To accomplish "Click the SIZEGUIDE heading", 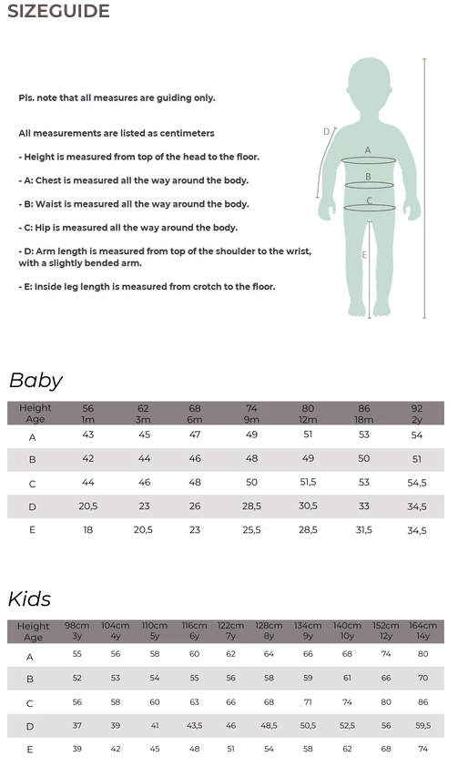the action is [x=58, y=12].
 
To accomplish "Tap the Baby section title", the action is [x=36, y=381].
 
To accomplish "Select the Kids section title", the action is [x=30, y=598].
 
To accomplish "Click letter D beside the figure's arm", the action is [x=326, y=132].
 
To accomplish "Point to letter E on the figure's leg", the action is [x=364, y=255].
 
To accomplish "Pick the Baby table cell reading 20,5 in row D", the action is [x=88, y=506].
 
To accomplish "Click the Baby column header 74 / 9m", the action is [x=252, y=414].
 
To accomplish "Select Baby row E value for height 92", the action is [x=417, y=530].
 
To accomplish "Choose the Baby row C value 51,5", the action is [x=308, y=483].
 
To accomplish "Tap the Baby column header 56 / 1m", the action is [x=88, y=414].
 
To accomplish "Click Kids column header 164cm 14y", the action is [x=422, y=630].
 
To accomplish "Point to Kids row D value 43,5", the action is [x=194, y=726].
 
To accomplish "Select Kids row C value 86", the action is [x=422, y=702].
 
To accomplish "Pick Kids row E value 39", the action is [x=76, y=749].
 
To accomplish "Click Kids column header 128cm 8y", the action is [x=269, y=630].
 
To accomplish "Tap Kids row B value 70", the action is [x=422, y=679].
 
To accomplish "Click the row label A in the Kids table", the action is [x=30, y=656].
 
